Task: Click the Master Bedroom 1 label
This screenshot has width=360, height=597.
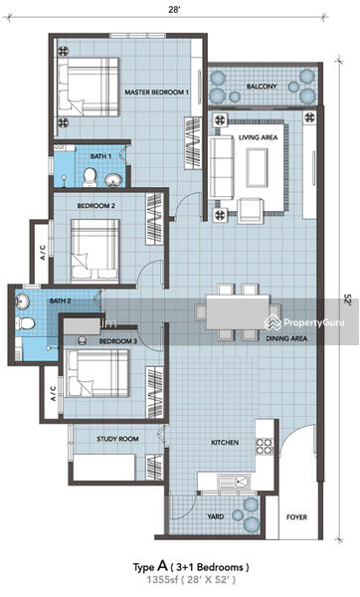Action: tap(157, 93)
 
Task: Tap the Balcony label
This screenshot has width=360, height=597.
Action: tap(262, 87)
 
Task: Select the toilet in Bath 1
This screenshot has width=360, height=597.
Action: tap(90, 177)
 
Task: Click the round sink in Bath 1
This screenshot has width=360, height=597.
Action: tap(112, 180)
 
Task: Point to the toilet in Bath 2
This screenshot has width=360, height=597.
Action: tap(25, 323)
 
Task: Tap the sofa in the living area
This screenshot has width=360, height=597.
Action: tap(221, 167)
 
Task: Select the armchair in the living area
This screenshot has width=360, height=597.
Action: tap(250, 211)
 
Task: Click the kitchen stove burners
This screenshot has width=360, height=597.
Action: tap(265, 446)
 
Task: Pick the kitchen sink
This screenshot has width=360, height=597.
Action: tap(234, 482)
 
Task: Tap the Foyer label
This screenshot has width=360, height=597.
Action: tap(296, 517)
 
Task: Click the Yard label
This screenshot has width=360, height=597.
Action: tap(216, 516)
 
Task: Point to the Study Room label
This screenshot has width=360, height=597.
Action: tap(117, 439)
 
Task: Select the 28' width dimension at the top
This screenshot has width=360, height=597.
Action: tap(174, 11)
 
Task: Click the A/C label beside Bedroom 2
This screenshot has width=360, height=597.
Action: tap(43, 253)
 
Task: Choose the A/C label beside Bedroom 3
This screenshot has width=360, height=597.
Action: tap(54, 393)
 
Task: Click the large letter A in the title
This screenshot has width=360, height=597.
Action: tap(162, 566)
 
